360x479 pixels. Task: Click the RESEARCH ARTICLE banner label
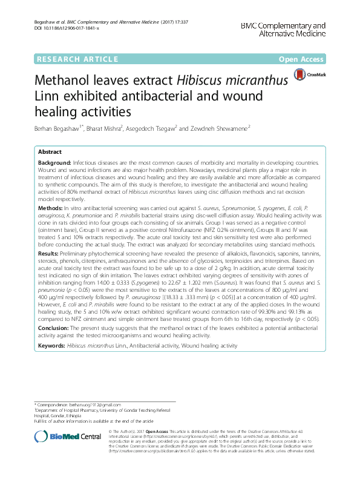(76, 59)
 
